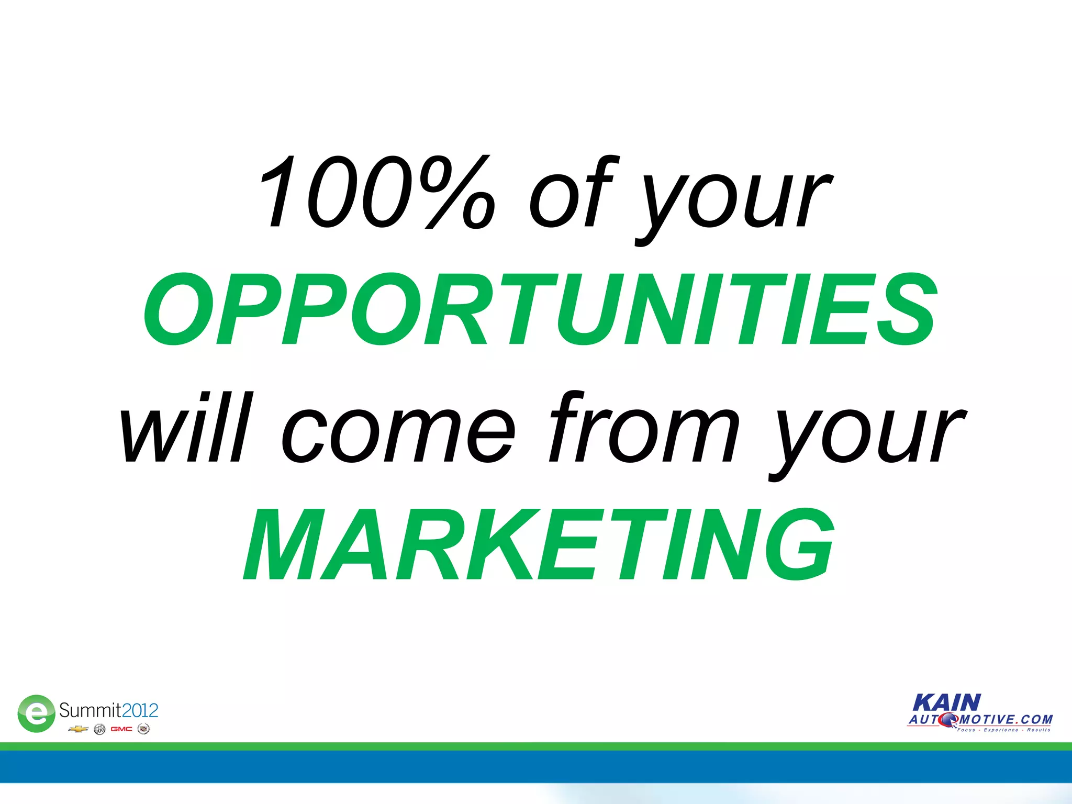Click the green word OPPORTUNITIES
point(540,309)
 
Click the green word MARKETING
point(539,545)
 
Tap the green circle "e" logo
point(36,713)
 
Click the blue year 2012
point(140,710)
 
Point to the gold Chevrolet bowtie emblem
point(78,729)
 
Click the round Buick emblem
point(99,729)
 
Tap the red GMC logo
point(121,729)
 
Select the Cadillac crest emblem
point(143,729)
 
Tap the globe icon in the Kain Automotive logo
point(947,720)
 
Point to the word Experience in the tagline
point(1001,730)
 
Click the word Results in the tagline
point(1038,730)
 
